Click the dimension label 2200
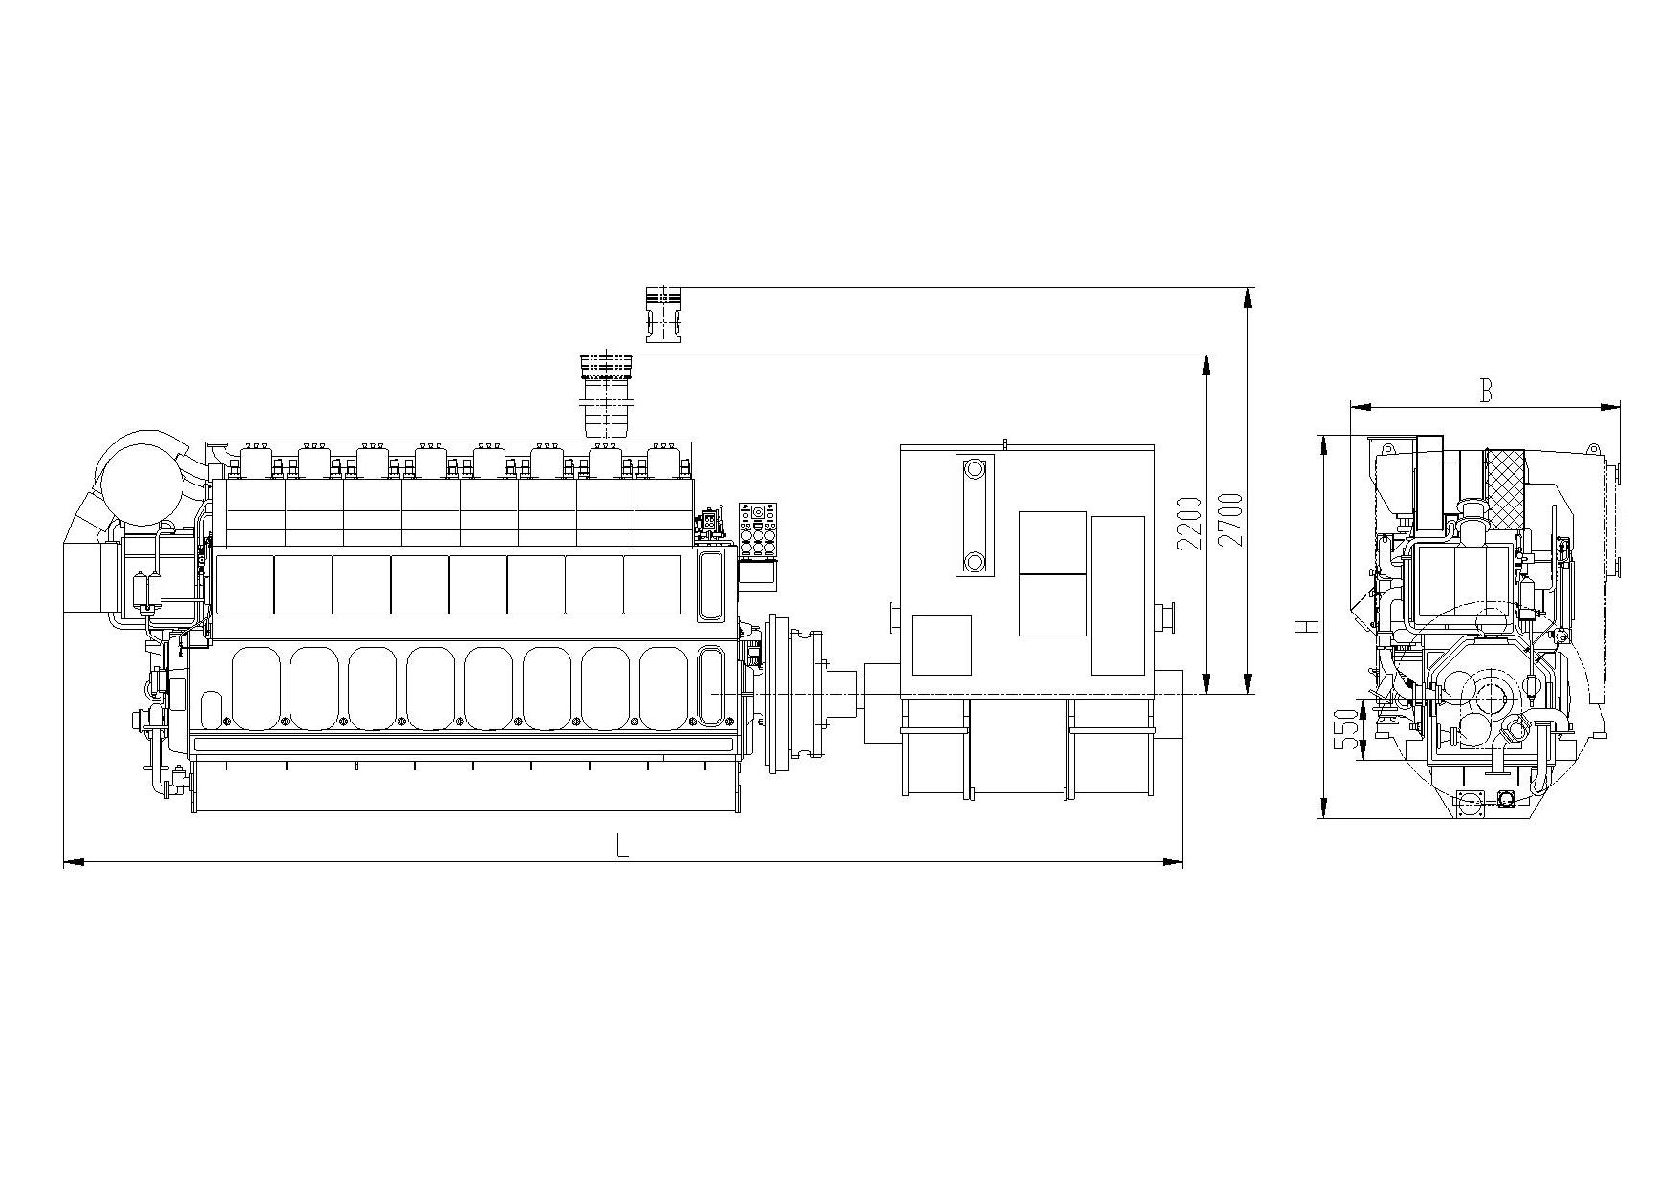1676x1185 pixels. [x=1190, y=523]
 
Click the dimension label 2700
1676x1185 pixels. [x=1232, y=519]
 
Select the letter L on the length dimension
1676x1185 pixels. [x=622, y=846]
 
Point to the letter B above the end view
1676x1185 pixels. [x=1486, y=391]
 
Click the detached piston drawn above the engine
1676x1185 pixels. [x=663, y=313]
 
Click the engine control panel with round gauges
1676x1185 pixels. [x=758, y=530]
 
